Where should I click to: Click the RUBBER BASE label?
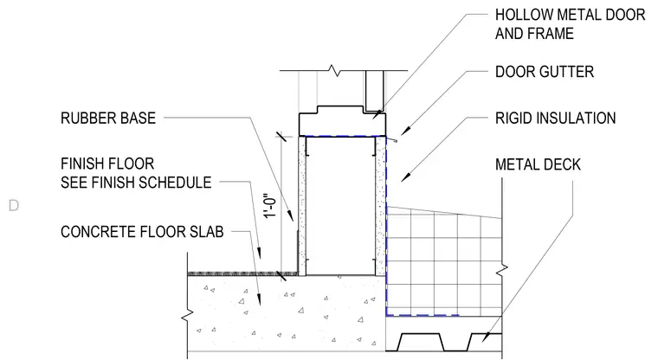[x=108, y=118]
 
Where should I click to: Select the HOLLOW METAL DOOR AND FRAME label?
[x=570, y=24]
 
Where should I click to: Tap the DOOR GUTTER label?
[x=545, y=72]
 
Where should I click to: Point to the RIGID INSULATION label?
[x=555, y=118]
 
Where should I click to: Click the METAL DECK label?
[x=538, y=164]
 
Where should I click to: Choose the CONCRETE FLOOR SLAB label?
[x=142, y=232]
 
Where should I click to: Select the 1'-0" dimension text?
[x=272, y=205]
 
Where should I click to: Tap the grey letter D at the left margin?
[x=14, y=206]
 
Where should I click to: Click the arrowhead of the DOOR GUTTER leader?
[x=404, y=132]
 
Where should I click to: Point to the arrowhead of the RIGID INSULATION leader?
[x=404, y=177]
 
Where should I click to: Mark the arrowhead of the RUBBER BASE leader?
[x=291, y=216]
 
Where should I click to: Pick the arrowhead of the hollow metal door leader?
[x=377, y=115]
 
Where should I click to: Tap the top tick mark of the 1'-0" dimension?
[x=281, y=136]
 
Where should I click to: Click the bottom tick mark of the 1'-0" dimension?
[x=281, y=276]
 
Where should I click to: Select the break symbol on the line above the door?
[x=335, y=70]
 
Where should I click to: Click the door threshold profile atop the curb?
[x=342, y=121]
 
